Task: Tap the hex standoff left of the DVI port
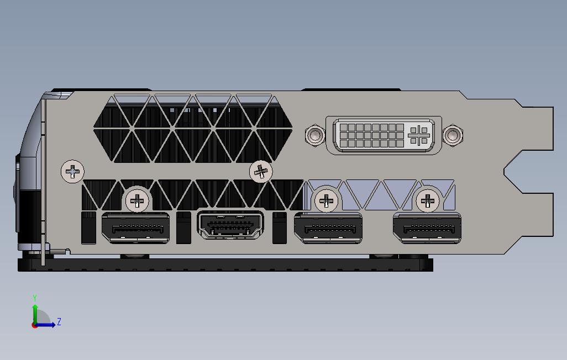point(314,135)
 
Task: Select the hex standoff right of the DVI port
point(453,135)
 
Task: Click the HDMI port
point(230,225)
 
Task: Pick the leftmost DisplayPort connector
point(135,227)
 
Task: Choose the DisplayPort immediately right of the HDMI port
point(328,227)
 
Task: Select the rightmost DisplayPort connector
point(427,227)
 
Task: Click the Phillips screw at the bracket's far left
point(72,172)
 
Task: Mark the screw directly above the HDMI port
point(261,172)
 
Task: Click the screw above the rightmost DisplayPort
point(427,200)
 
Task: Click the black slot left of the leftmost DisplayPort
point(88,227)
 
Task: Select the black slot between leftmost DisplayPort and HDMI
point(183,227)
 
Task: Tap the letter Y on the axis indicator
point(35,298)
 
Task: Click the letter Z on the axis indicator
point(59,321)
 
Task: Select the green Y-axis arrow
point(35,314)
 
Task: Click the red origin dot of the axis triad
point(34,325)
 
